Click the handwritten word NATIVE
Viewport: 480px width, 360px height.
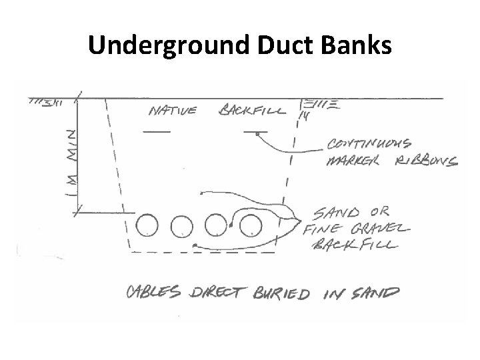(173, 110)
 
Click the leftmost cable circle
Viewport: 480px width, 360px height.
(147, 225)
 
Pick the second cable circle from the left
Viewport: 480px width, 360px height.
(181, 226)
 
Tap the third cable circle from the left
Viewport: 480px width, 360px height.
(216, 225)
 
